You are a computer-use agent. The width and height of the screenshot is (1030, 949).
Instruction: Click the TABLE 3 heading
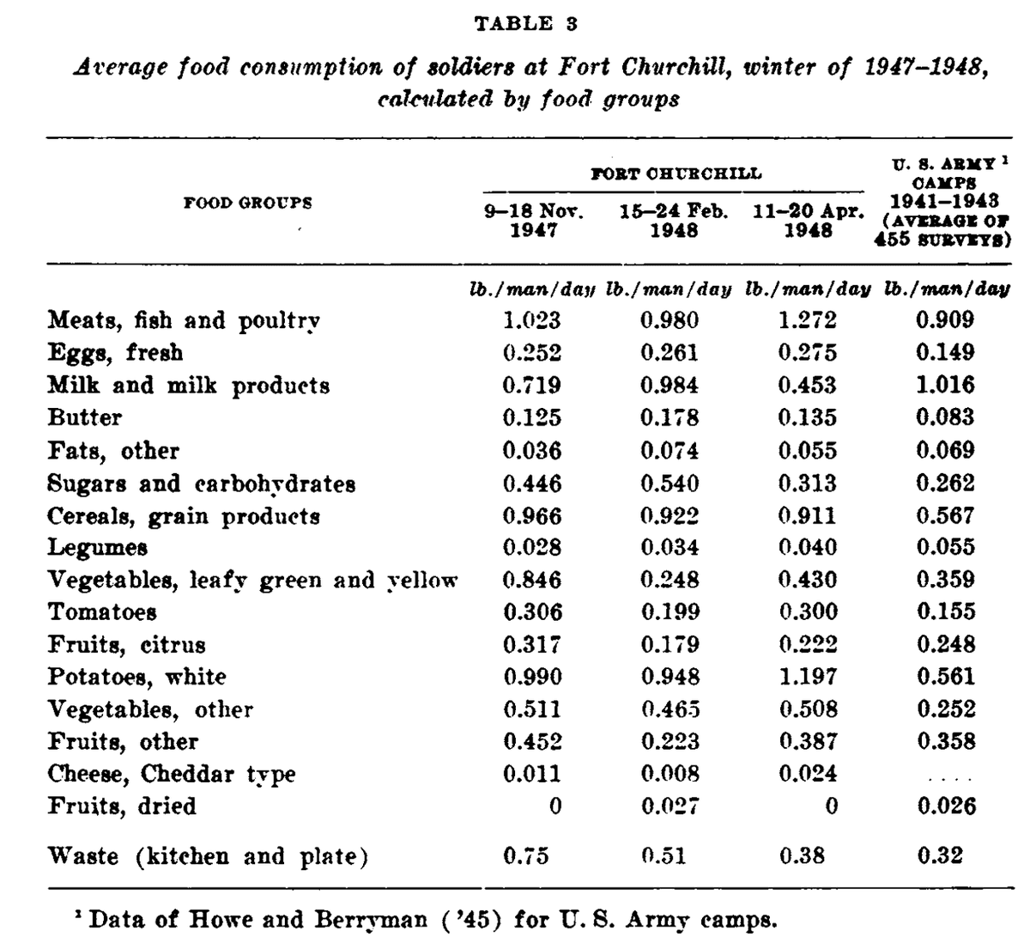pos(525,24)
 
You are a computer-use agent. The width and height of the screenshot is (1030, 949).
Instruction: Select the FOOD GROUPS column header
pos(248,204)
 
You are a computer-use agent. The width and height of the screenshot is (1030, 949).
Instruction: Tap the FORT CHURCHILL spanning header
pos(676,173)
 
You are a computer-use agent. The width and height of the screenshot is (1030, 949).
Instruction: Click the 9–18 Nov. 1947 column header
pos(533,221)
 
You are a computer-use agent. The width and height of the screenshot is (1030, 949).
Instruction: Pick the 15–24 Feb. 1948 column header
pos(674,221)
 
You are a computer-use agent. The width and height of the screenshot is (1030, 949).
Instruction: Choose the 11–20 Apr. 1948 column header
pos(808,221)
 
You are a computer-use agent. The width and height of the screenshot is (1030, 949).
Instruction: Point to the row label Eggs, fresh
pos(115,353)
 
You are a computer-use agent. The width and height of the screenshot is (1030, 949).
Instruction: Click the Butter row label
pos(84,417)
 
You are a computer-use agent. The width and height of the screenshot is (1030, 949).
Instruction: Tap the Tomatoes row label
pos(102,612)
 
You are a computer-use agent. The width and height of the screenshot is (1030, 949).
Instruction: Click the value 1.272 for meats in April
pos(807,320)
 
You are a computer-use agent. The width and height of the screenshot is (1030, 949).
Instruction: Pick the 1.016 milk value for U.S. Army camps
pos(945,385)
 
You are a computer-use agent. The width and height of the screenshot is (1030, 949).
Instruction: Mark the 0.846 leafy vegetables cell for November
pos(532,580)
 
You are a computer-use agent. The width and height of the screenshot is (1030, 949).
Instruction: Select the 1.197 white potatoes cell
pos(807,677)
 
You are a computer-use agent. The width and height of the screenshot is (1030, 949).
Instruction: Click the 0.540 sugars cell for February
pos(669,483)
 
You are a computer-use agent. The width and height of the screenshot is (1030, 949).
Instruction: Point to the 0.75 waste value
pos(525,855)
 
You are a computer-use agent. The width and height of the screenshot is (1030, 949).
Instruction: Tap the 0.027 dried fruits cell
pos(669,806)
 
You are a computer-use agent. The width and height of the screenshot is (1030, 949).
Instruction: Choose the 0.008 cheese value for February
pos(669,774)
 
